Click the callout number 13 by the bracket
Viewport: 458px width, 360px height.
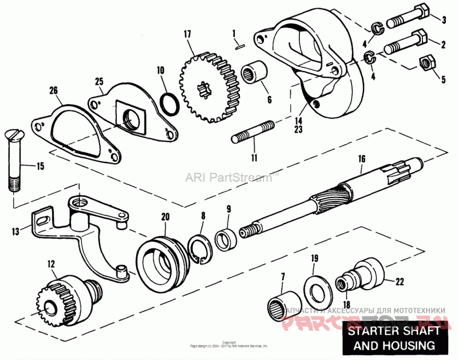14,231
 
